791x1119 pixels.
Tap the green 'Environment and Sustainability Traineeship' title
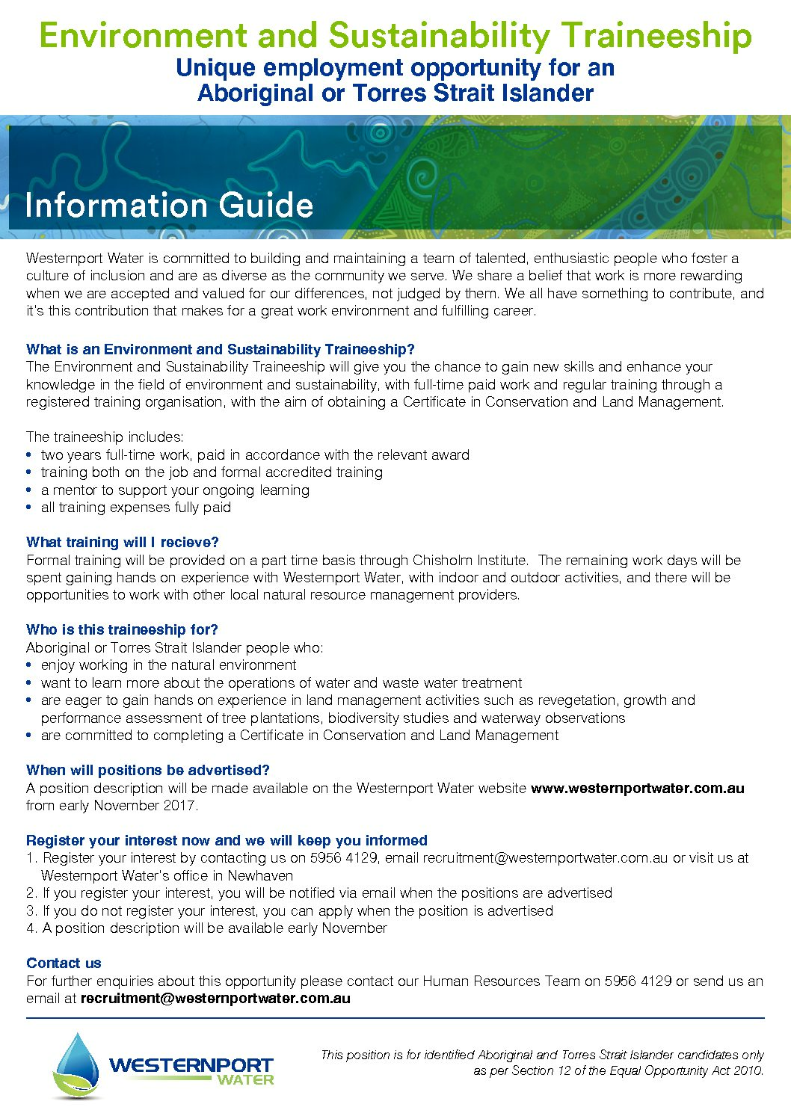click(395, 35)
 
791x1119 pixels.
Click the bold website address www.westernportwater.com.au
click(637, 788)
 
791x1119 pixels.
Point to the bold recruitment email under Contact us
click(215, 998)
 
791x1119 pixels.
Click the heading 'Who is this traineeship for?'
click(122, 629)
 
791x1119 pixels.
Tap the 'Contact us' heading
click(64, 963)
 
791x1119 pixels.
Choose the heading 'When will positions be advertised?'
click(148, 770)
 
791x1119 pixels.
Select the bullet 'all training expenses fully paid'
click(136, 508)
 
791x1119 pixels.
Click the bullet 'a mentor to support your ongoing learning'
click(175, 490)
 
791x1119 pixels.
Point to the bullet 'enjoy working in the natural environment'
click(169, 665)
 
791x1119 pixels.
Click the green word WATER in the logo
click(246, 1079)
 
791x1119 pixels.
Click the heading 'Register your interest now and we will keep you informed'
click(227, 840)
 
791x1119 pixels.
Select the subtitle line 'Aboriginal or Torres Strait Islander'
click(395, 93)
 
